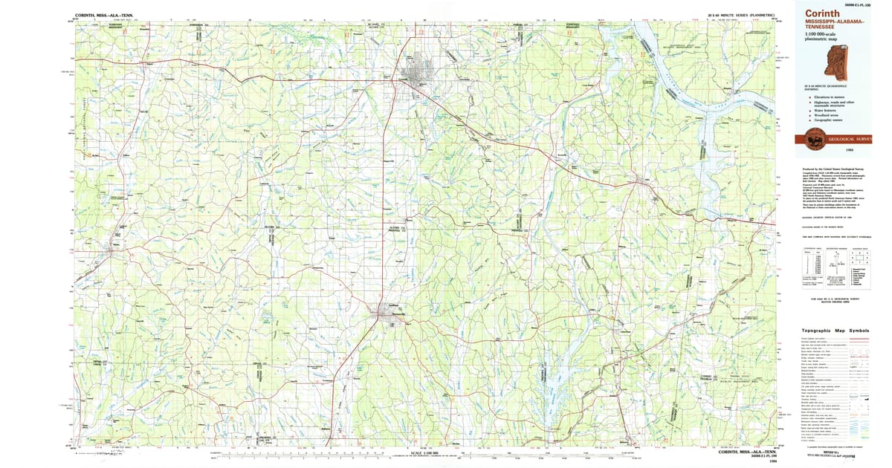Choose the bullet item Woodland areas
click(x=830, y=116)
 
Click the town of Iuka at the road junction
click(x=641, y=180)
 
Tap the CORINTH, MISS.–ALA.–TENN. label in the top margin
click(x=104, y=14)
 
